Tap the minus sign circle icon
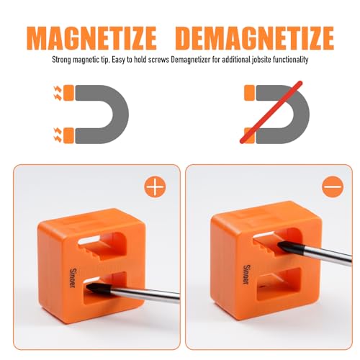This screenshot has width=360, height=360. (333, 188)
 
